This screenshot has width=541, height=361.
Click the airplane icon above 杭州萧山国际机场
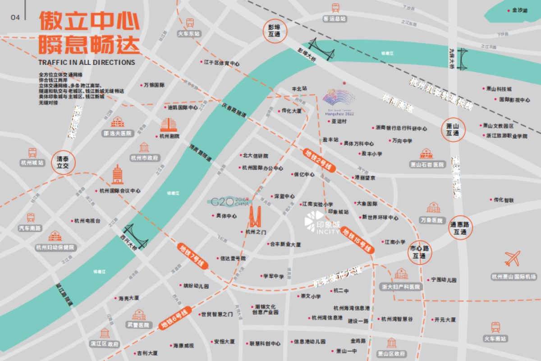pyautogui.click(x=513, y=259)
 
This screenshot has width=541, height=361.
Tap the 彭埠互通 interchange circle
pyautogui.click(x=275, y=31)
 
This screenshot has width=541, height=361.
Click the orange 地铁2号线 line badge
pyautogui.click(x=320, y=160)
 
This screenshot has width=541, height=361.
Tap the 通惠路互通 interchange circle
pyautogui.click(x=460, y=228)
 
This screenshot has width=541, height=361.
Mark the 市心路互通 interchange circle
pyautogui.click(x=420, y=252)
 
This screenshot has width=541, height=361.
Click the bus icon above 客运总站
pyautogui.click(x=335, y=8)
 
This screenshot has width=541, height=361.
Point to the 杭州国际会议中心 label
pyautogui.click(x=120, y=191)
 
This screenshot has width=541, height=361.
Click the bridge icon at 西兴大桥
pyautogui.click(x=136, y=236)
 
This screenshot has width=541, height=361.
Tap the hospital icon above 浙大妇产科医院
pyautogui.click(x=401, y=274)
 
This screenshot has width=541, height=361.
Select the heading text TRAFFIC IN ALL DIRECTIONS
pyautogui.click(x=87, y=62)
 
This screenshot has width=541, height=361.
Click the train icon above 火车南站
pyautogui.click(x=495, y=327)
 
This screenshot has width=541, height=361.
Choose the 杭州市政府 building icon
pyautogui.click(x=144, y=147)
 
